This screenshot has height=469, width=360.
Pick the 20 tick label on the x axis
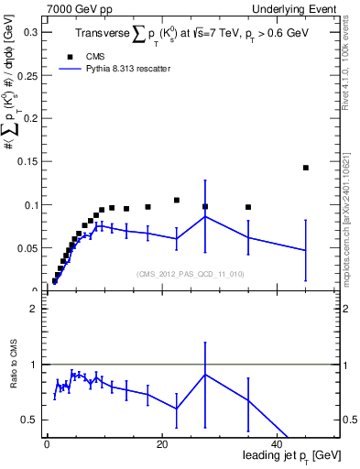click(162, 444)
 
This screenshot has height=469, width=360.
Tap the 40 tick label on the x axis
click(278, 444)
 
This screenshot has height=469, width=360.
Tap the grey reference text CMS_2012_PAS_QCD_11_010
click(191, 274)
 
